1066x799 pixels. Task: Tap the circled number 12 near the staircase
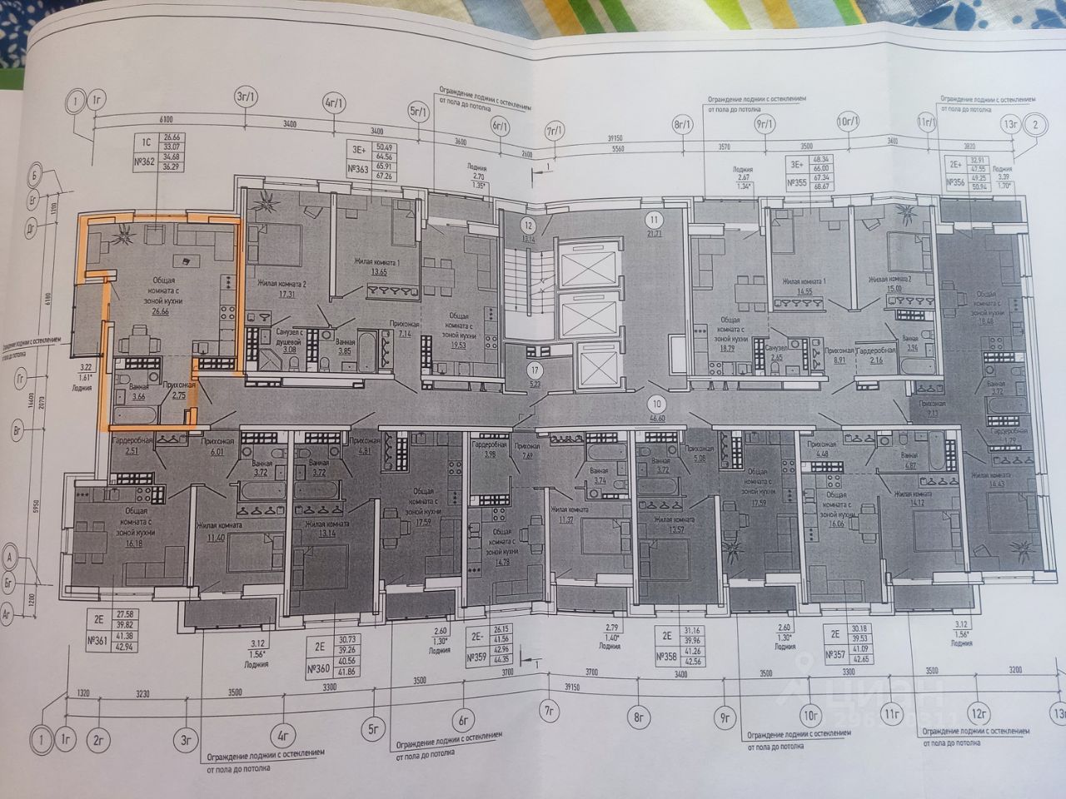(527, 225)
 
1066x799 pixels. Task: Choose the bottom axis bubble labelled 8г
(640, 714)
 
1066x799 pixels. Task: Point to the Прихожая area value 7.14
(402, 334)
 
